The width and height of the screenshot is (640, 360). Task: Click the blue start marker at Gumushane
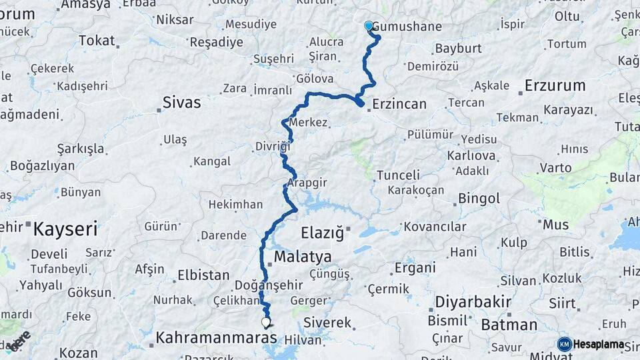point(369,26)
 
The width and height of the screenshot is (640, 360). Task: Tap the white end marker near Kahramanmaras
point(266,323)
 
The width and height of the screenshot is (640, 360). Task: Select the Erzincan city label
point(399,104)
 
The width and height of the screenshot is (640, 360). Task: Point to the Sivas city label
point(182,103)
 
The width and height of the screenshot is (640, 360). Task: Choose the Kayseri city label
point(65,230)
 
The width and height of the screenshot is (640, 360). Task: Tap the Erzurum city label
point(555,85)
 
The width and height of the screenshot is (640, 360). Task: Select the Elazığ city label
point(323,233)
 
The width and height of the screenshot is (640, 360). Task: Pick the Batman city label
point(509,325)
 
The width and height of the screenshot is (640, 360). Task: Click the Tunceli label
point(398,175)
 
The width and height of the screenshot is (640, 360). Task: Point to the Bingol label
point(478,199)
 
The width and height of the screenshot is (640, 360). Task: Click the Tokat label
point(97,41)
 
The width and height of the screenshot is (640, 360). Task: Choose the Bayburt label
point(457,49)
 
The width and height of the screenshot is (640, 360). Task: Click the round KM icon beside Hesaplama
point(564,344)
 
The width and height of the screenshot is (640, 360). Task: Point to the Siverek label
point(327,323)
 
